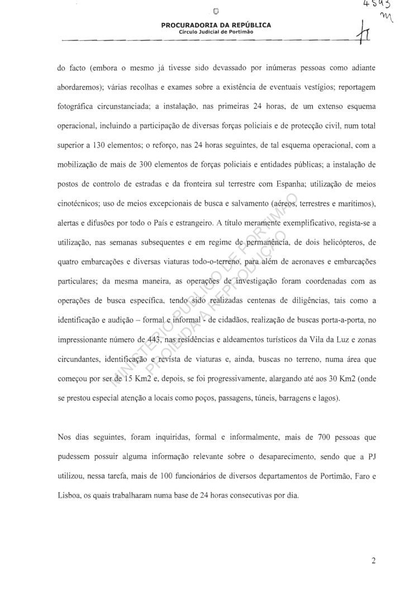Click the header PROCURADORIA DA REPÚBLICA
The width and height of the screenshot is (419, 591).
tap(216, 25)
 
